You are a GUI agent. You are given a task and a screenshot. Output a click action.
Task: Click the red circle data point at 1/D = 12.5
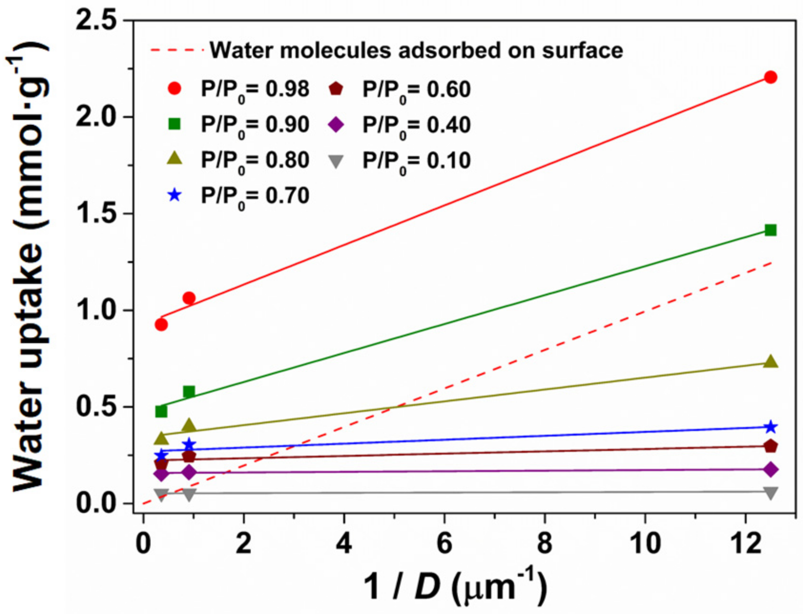(x=770, y=77)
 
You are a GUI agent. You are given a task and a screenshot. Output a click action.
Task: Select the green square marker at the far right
(x=770, y=230)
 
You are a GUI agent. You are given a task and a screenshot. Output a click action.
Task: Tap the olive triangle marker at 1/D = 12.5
(x=770, y=361)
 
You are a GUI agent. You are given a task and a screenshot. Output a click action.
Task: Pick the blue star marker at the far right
(x=770, y=427)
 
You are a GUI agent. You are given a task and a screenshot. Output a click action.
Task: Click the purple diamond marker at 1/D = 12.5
(x=770, y=470)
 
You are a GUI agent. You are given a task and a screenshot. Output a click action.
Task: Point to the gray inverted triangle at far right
(x=770, y=493)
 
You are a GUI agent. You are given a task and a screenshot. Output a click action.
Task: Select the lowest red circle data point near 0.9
(x=161, y=325)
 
